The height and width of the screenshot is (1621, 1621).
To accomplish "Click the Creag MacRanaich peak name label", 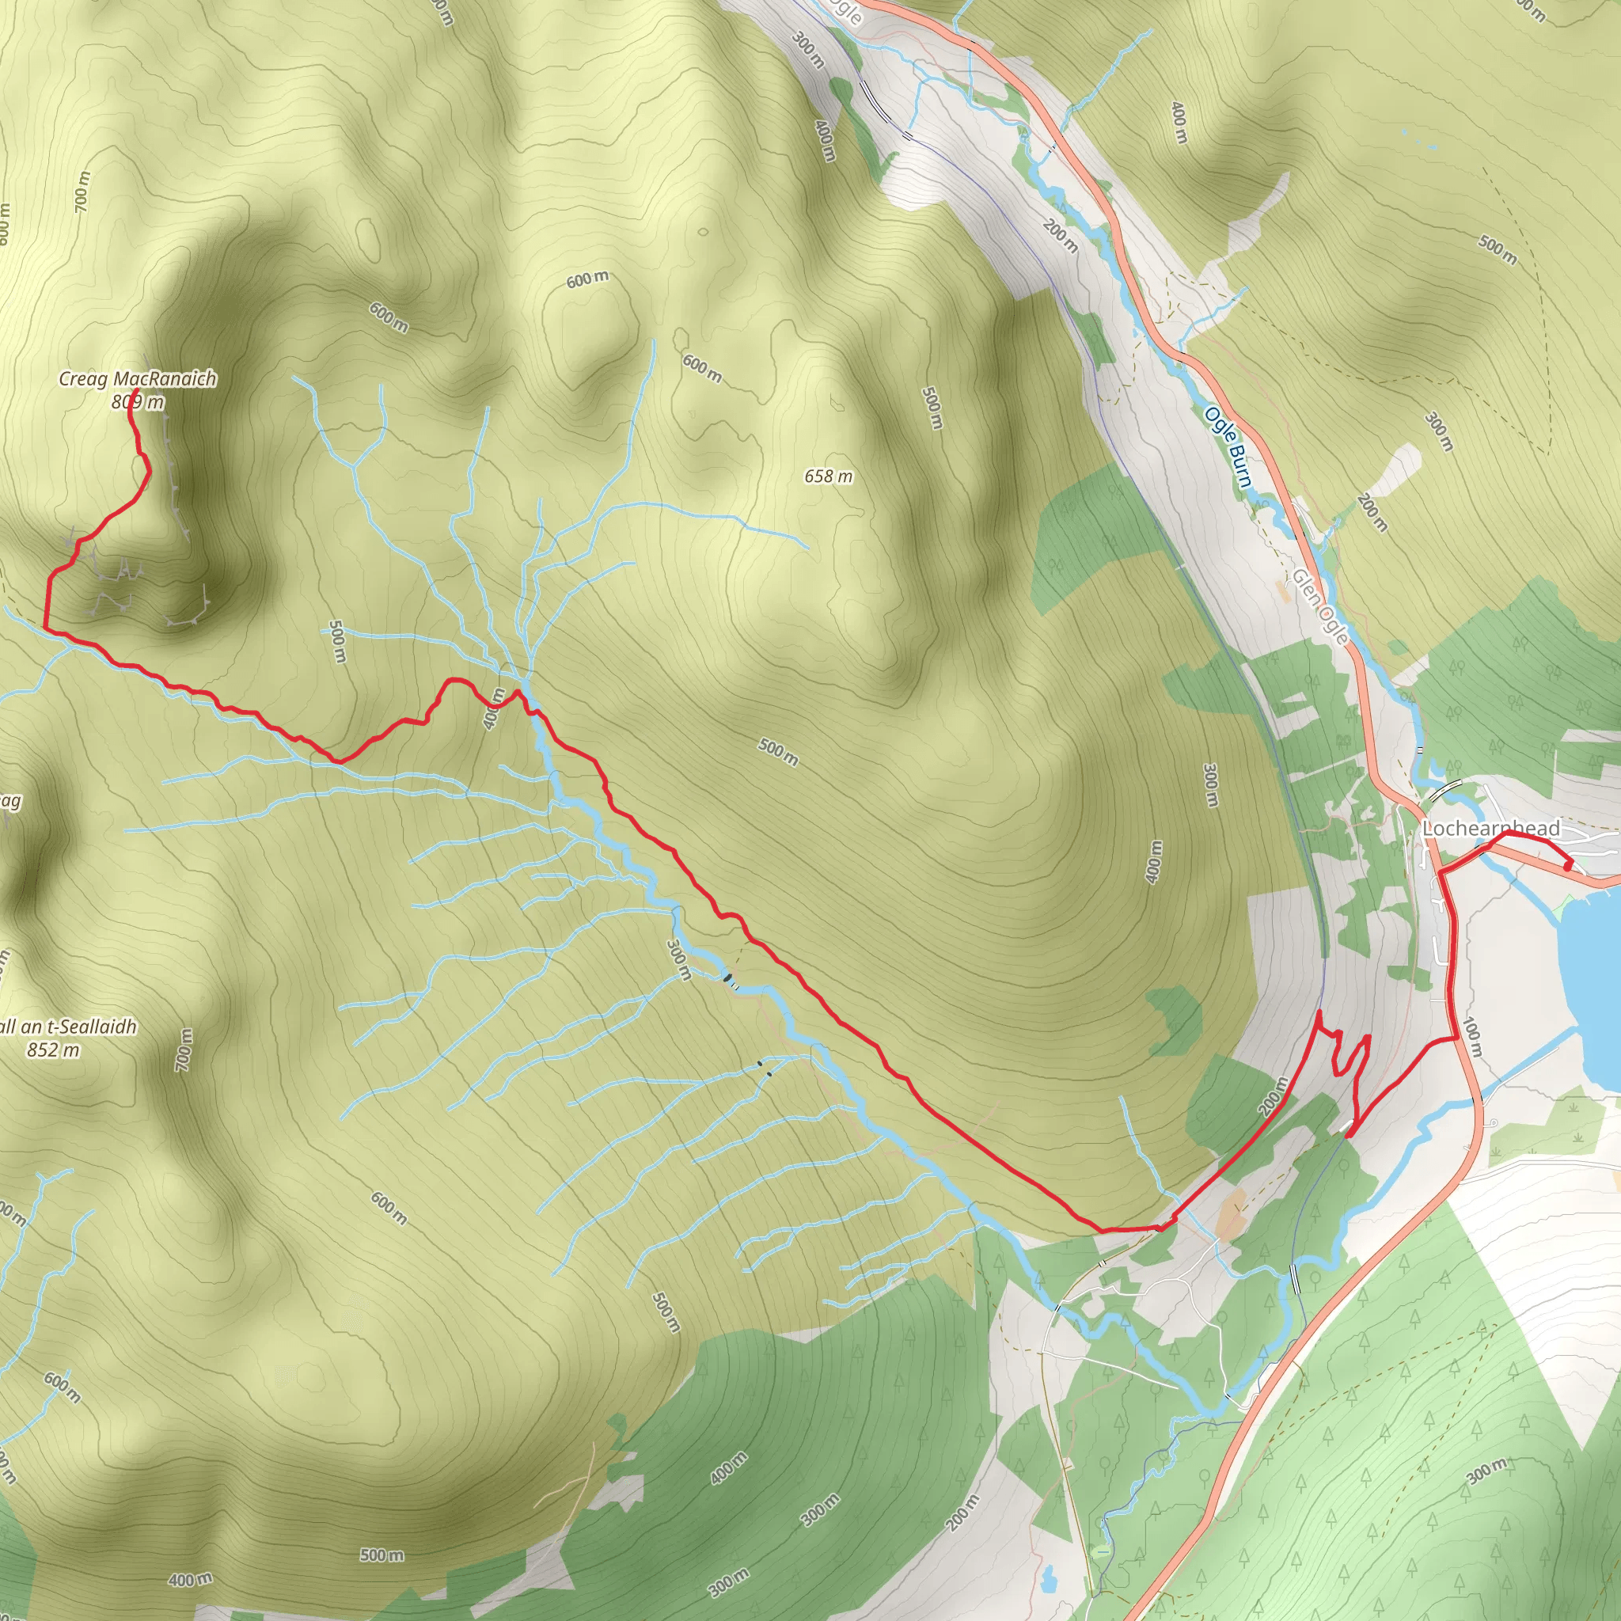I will click(138, 379).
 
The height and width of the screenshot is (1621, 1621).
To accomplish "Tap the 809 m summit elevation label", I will click(138, 403).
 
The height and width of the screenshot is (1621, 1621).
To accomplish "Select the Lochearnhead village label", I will click(1491, 829).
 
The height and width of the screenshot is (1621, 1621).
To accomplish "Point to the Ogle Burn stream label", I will click(1229, 446).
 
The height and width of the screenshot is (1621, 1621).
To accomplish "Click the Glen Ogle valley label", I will click(1319, 606).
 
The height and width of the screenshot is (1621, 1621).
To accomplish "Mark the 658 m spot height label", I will click(828, 476).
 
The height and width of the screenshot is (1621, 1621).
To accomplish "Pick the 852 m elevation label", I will click(54, 1050).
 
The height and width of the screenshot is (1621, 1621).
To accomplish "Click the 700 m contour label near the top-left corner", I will click(82, 192).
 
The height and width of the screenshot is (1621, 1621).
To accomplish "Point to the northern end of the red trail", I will click(135, 390).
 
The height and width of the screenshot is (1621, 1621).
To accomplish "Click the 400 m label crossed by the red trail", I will click(494, 709).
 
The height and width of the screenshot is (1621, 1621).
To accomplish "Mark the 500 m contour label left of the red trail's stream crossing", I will click(336, 642).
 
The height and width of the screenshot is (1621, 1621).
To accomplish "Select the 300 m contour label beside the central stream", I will click(678, 960).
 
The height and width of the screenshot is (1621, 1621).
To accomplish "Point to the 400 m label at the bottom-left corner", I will click(191, 1580).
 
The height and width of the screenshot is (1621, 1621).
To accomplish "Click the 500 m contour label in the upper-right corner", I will click(1497, 249).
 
